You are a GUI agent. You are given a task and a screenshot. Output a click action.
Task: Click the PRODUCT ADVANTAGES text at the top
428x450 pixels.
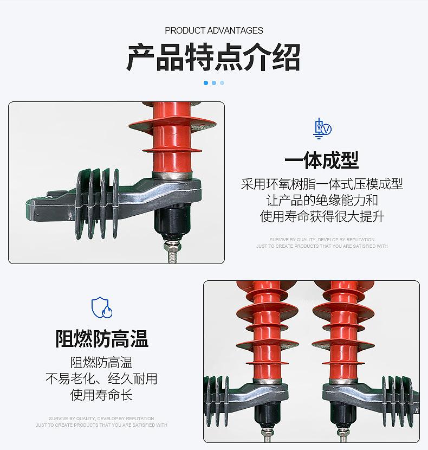[x=214, y=30]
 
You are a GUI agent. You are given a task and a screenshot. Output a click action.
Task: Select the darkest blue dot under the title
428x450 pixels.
[x=206, y=83]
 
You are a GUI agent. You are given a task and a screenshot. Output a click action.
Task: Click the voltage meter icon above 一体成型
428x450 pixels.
[x=322, y=128]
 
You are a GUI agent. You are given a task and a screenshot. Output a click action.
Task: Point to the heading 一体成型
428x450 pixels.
[x=322, y=160]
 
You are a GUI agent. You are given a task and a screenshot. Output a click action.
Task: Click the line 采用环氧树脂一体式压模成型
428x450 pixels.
[x=322, y=184]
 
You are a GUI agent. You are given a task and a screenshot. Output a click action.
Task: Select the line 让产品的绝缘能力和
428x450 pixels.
[x=322, y=201]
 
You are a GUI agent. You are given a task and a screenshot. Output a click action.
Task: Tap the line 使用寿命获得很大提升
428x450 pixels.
[x=322, y=217]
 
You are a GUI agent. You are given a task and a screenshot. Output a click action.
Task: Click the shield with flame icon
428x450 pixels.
[x=102, y=307]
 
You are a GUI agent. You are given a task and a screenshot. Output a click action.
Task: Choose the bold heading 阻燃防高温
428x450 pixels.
[x=102, y=339]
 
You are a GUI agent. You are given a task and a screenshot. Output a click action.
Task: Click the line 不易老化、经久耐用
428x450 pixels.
[x=101, y=378]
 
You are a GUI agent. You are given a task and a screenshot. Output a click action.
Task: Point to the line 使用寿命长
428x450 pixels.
[x=101, y=395]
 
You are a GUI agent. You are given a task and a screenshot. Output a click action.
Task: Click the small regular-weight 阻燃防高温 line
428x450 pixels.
[x=101, y=362]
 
